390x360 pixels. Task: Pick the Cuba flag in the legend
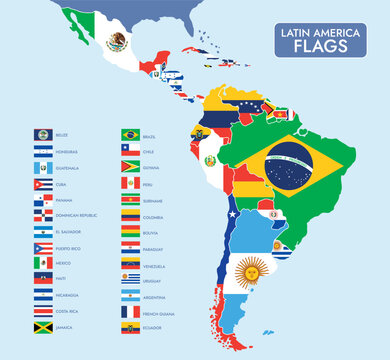point(42,184)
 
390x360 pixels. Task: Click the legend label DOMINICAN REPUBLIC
point(81,216)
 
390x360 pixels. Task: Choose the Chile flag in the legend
point(130,151)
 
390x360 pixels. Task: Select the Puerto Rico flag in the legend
point(42,248)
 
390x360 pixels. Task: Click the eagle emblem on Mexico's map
point(116,41)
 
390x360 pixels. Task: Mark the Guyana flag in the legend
point(130,167)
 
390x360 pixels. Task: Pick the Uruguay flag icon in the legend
point(130,280)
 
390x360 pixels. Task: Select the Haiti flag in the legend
point(42,280)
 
